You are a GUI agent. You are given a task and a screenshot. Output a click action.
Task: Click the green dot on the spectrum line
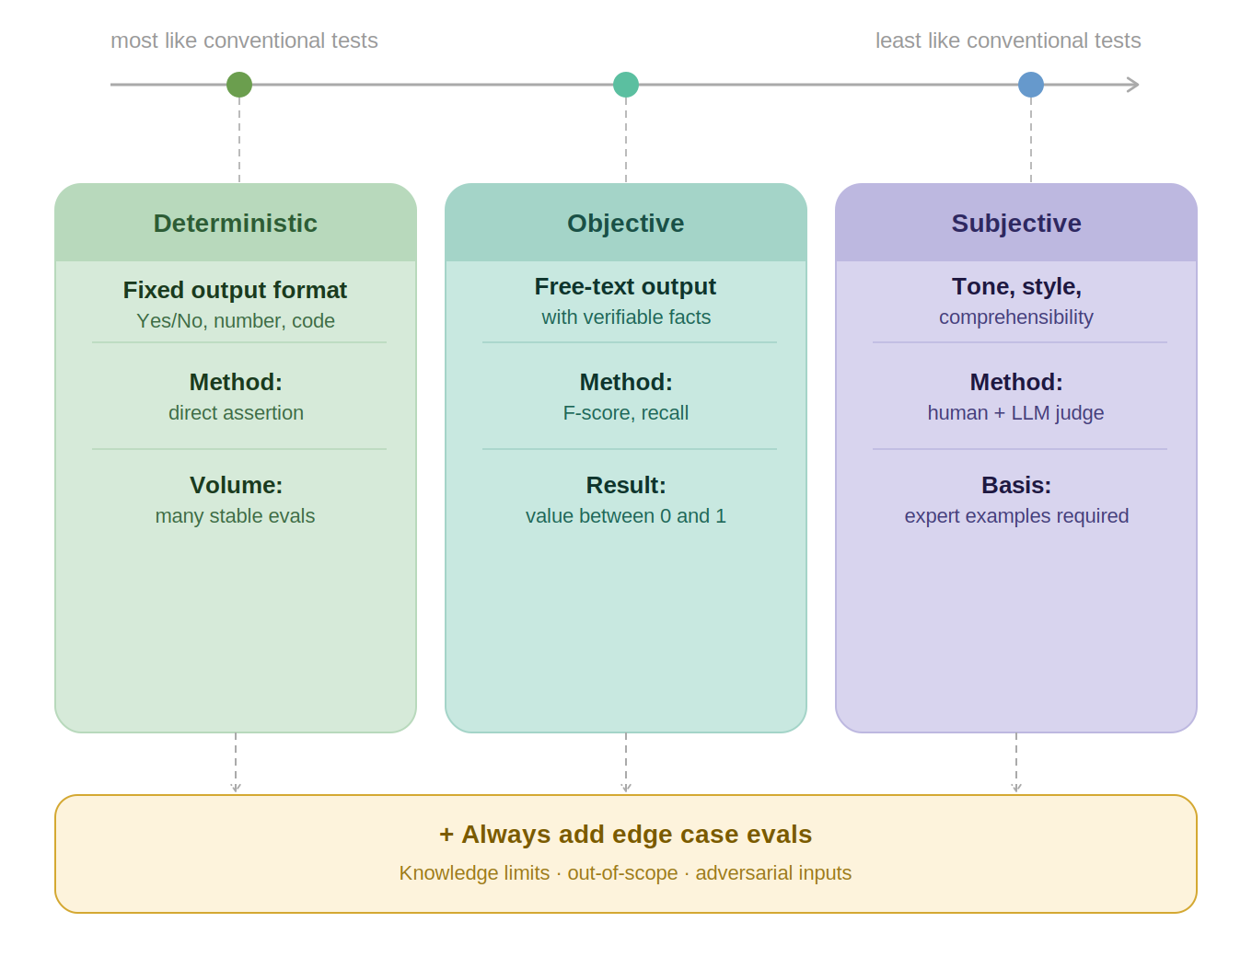(239, 85)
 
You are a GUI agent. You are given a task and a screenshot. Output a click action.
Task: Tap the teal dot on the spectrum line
(626, 85)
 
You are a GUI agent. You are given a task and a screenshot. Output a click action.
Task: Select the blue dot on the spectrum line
(1031, 85)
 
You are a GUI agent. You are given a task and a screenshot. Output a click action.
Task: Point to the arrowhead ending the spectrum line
(1134, 85)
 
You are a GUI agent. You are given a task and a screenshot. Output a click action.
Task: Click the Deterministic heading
(236, 224)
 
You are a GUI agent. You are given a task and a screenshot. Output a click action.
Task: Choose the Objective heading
(626, 224)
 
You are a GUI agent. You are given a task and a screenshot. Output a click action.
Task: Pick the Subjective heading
(1016, 224)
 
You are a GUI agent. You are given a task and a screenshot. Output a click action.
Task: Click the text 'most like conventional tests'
(244, 40)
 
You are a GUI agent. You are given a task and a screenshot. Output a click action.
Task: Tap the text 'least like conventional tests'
(1008, 40)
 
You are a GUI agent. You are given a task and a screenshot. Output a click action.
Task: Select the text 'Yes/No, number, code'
(236, 321)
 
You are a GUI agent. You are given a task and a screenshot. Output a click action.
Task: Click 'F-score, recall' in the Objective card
(626, 413)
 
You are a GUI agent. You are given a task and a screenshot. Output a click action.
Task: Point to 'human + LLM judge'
(1015, 413)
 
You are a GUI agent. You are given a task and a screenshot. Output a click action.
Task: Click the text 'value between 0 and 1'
(626, 516)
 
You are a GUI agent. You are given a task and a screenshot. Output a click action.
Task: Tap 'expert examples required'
(1016, 516)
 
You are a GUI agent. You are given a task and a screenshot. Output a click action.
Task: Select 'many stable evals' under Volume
(236, 516)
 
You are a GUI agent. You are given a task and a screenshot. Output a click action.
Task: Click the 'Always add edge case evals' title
(626, 835)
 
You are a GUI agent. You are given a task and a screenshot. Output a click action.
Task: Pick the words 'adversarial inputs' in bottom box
(773, 873)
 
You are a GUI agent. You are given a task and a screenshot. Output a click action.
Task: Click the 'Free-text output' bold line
(625, 286)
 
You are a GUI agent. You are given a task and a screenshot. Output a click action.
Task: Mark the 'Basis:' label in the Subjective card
(1016, 485)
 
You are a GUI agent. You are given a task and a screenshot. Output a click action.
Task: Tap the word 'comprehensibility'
(1016, 317)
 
